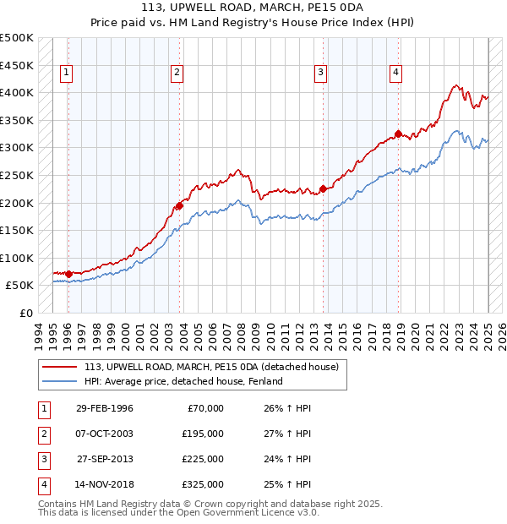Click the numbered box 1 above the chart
pos(67,74)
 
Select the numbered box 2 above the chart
pos(177,74)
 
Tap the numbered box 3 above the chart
pos(321,74)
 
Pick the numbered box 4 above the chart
pos(395,74)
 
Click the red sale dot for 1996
pos(68,274)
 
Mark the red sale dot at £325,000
pos(398,134)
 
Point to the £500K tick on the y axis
pos(17,38)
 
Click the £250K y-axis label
pos(17,175)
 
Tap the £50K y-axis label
pos(19,286)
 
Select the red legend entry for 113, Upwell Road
pos(211,367)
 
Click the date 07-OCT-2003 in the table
pos(105,434)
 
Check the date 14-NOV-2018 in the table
pos(105,484)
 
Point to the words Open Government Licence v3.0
pos(253,512)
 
